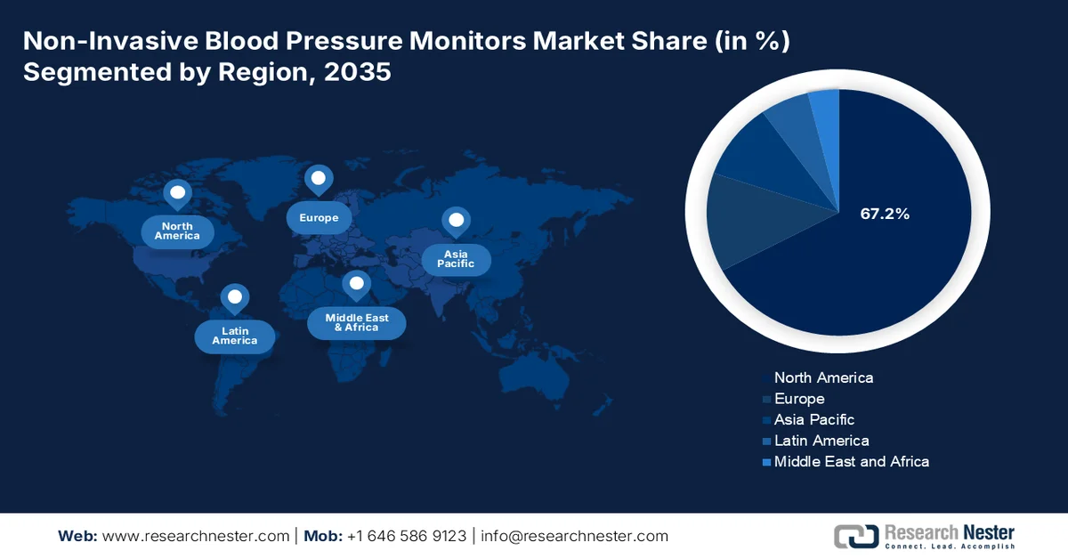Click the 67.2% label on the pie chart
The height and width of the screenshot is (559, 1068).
pyautogui.click(x=884, y=214)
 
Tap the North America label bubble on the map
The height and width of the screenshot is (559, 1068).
pyautogui.click(x=177, y=231)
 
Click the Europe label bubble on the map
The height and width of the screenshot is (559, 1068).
pyautogui.click(x=318, y=218)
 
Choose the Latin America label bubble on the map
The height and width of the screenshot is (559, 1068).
pyautogui.click(x=234, y=336)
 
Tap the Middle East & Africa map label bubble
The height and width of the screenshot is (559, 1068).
pyautogui.click(x=356, y=322)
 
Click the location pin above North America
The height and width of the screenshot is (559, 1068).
pyautogui.click(x=177, y=193)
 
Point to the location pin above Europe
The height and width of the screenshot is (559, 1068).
pyautogui.click(x=318, y=179)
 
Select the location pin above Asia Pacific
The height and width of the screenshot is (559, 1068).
pyautogui.click(x=457, y=221)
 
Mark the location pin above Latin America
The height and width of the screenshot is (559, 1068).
pyautogui.click(x=234, y=297)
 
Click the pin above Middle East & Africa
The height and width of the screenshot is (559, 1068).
pyautogui.click(x=357, y=285)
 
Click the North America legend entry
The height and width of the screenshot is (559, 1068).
pyautogui.click(x=823, y=377)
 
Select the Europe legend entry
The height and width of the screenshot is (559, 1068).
pyautogui.click(x=798, y=399)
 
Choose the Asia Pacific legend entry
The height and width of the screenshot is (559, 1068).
pyautogui.click(x=813, y=419)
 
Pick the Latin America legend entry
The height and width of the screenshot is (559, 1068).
pyautogui.click(x=821, y=441)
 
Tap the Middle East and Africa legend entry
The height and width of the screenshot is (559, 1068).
pyautogui.click(x=851, y=461)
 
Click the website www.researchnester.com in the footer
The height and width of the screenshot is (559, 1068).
pyautogui.click(x=196, y=536)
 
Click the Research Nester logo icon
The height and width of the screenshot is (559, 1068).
pyautogui.click(x=855, y=536)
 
